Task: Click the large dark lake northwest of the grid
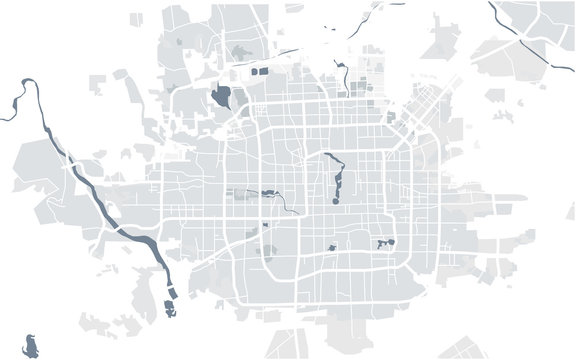222,98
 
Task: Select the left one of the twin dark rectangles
254,72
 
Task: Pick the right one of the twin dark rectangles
265,72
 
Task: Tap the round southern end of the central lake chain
336,196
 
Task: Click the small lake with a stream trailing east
267,193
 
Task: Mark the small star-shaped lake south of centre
330,247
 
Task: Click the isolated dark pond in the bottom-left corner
33,346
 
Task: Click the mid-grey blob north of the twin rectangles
241,52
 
